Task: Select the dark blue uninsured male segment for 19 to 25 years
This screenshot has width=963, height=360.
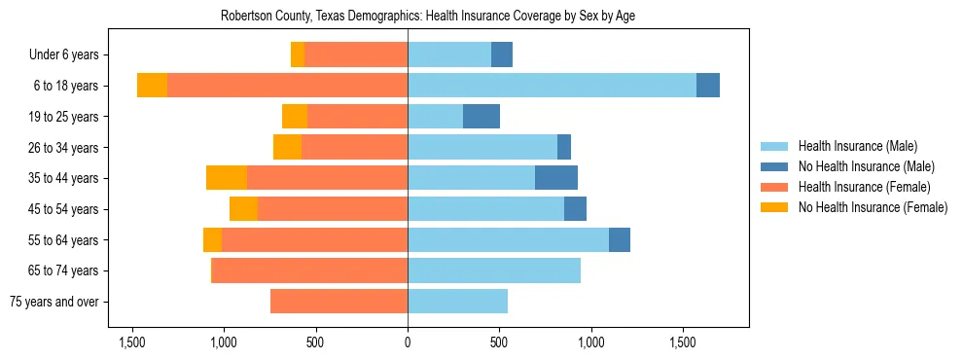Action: click(481, 117)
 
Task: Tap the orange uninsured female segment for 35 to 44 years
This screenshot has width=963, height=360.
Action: click(227, 178)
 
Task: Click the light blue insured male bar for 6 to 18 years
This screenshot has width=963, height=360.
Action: click(552, 86)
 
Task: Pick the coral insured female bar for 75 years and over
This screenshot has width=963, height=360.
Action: click(339, 302)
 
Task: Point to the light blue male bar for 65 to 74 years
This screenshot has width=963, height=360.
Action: click(493, 270)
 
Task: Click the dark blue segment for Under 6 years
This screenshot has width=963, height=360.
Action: click(501, 55)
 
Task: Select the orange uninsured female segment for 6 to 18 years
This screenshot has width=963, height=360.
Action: click(152, 86)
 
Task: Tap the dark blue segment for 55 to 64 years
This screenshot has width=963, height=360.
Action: click(619, 239)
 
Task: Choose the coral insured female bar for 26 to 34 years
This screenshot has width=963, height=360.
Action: click(354, 147)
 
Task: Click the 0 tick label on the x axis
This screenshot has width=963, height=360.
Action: click(408, 342)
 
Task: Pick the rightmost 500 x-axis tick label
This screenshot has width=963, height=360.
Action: click(499, 342)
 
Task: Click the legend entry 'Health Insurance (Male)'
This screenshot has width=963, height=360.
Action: click(857, 146)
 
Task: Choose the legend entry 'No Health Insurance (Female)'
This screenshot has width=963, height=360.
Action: click(873, 207)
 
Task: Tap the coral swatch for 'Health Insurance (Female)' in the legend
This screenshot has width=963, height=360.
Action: click(774, 187)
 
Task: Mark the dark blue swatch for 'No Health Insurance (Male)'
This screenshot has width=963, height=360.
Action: click(774, 166)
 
